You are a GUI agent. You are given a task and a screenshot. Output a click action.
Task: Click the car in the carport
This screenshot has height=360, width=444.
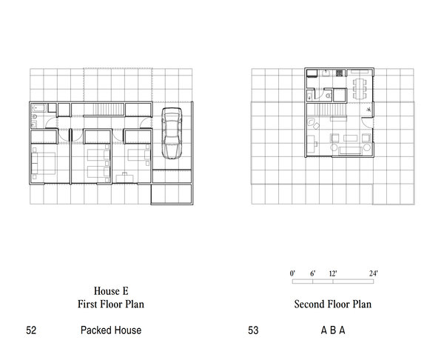point(172,133)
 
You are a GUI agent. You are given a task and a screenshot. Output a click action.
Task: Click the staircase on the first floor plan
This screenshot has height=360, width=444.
point(104,109)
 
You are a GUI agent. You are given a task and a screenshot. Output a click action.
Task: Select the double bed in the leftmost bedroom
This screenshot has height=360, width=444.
point(43,163)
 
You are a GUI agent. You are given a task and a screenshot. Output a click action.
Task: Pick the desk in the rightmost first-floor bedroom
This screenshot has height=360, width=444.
point(124,178)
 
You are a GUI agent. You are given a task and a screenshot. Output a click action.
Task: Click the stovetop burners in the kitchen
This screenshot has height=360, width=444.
point(339,73)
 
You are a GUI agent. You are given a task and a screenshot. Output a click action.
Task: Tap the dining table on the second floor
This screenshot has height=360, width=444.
point(360,89)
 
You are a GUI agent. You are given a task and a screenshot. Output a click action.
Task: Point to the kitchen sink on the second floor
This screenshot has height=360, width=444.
point(326,73)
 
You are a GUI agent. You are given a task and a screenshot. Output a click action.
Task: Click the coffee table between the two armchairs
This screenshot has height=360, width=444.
point(351,139)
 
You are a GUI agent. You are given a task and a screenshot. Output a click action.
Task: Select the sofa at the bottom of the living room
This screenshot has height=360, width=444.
point(351,150)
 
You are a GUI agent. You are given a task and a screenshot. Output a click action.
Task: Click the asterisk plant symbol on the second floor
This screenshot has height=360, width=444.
point(369,110)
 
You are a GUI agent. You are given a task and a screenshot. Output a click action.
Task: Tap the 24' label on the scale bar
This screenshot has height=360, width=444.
point(373,273)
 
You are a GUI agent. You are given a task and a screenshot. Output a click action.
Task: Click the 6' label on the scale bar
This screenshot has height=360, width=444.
point(312,273)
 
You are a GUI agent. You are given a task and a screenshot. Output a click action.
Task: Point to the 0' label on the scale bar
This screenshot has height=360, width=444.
point(292,273)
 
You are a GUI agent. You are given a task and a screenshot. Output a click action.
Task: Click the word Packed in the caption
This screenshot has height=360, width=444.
point(94,330)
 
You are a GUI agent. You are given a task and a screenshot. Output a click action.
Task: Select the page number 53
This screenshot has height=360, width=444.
point(253,330)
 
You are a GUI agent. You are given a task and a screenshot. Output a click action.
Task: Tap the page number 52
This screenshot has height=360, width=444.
point(31,330)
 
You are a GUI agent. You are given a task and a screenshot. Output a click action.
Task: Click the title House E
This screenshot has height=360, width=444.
point(111,291)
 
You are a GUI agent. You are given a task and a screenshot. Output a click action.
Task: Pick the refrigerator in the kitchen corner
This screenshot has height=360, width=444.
point(312,73)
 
